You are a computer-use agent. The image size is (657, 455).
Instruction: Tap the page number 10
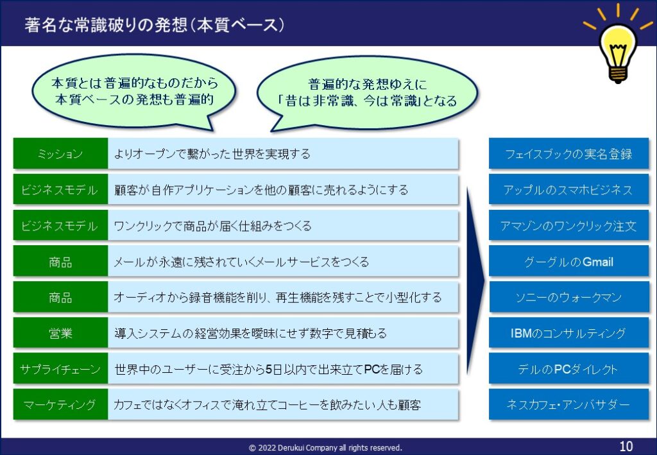click(x=626, y=446)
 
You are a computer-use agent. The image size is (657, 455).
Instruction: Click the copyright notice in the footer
click(x=325, y=447)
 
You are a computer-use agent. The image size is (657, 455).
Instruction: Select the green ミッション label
click(x=60, y=154)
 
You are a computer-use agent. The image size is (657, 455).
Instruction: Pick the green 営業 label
click(x=60, y=333)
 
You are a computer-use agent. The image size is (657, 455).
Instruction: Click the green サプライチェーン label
click(x=60, y=369)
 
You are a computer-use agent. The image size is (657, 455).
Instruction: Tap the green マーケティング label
click(x=60, y=405)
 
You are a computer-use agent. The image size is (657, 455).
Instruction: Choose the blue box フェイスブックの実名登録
click(x=568, y=154)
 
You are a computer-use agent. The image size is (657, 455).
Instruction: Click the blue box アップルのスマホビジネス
click(x=568, y=190)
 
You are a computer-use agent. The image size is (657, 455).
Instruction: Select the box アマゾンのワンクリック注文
click(x=568, y=226)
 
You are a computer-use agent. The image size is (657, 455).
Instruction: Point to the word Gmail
click(x=598, y=262)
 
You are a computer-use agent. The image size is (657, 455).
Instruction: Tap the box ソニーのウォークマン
click(x=568, y=298)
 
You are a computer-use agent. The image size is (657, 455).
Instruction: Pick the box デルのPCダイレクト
click(x=568, y=369)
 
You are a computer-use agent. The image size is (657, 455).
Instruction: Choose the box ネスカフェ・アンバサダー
click(x=568, y=405)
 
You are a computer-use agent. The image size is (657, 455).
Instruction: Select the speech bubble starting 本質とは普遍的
click(x=134, y=92)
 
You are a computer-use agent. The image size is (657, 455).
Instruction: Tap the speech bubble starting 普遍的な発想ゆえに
click(x=367, y=94)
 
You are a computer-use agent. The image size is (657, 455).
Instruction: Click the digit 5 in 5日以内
click(x=269, y=370)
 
